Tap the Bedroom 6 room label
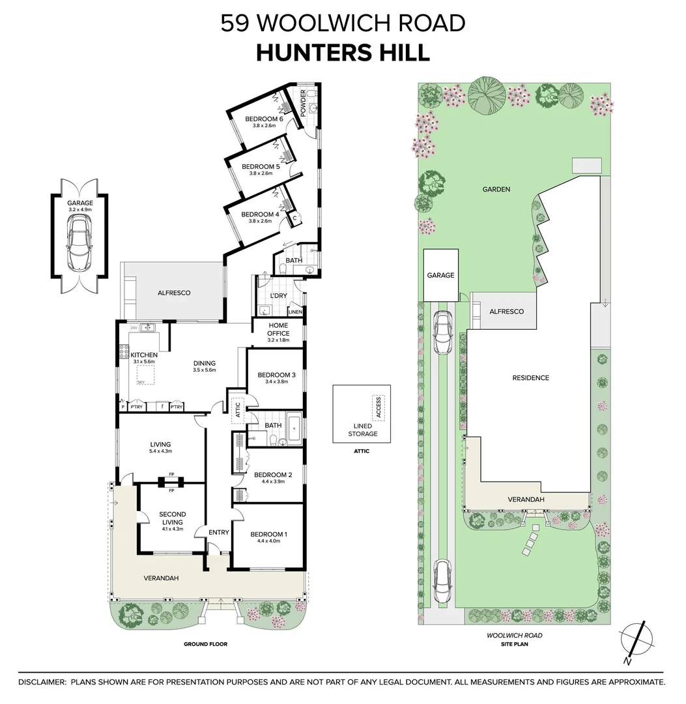coord(263,119)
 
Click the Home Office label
coord(278,330)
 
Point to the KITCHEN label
coord(143,355)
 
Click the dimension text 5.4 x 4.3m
coord(160,450)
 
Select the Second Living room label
coord(172,518)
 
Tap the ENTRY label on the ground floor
coord(219,533)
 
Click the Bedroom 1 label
coord(268,534)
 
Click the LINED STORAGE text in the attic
coord(361,430)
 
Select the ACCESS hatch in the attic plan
coord(376,407)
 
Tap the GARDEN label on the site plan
coord(496,190)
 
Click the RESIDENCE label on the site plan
coord(530,378)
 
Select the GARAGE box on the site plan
coord(440,276)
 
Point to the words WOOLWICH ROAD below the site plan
coord(515,635)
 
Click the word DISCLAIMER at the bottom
coord(42,682)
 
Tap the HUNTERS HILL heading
coord(343,53)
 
